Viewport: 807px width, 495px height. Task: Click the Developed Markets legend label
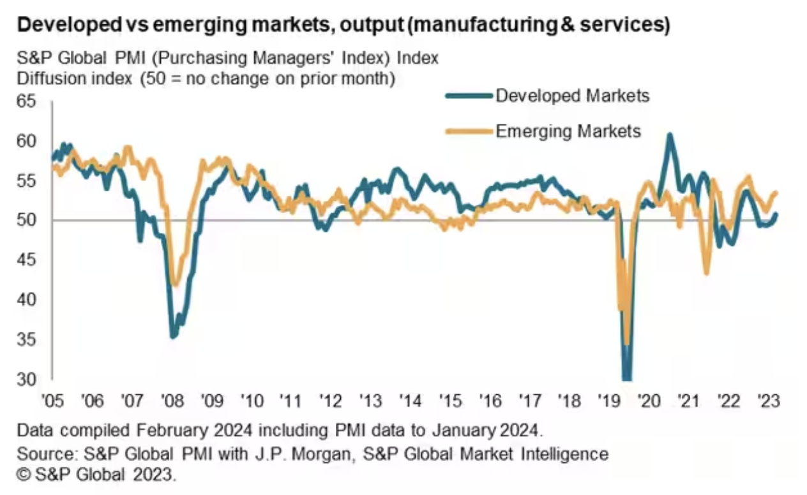point(572,96)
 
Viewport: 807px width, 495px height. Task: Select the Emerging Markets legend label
point(568,131)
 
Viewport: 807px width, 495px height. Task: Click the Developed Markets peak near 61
point(668,135)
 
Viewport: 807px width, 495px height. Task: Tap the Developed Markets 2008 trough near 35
point(172,335)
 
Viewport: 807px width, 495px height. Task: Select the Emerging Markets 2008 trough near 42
point(176,284)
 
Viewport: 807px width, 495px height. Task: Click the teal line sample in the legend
point(469,96)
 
